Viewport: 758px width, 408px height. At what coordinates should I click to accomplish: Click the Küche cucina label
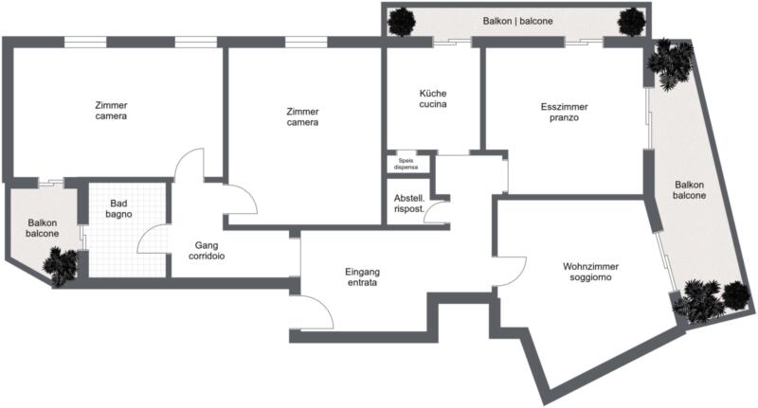(x=433, y=98)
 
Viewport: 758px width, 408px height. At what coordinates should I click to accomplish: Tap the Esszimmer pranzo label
(x=564, y=112)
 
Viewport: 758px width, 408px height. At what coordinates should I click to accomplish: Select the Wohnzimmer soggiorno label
(x=590, y=272)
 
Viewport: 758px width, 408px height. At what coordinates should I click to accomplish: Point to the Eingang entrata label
(x=362, y=277)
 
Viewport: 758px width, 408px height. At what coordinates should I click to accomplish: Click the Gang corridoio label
(x=207, y=251)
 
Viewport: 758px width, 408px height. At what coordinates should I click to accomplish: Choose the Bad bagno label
(x=118, y=208)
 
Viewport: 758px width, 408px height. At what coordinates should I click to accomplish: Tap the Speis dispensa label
(x=406, y=164)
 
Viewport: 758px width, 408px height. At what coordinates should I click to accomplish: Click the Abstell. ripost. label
(x=409, y=204)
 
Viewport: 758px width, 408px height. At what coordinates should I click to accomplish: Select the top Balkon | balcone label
(x=517, y=21)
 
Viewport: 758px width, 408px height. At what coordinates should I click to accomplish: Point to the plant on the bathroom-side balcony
(x=61, y=266)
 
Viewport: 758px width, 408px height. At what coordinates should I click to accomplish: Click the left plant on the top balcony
(x=402, y=22)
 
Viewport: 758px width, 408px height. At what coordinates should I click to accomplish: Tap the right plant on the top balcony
(x=631, y=22)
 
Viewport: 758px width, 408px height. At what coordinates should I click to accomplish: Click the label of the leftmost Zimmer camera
(x=111, y=111)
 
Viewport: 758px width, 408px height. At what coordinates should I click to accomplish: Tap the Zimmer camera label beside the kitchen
(x=302, y=116)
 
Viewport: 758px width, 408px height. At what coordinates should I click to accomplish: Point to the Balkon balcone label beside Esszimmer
(x=690, y=189)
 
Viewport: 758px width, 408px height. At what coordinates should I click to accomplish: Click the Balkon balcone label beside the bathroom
(x=43, y=228)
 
